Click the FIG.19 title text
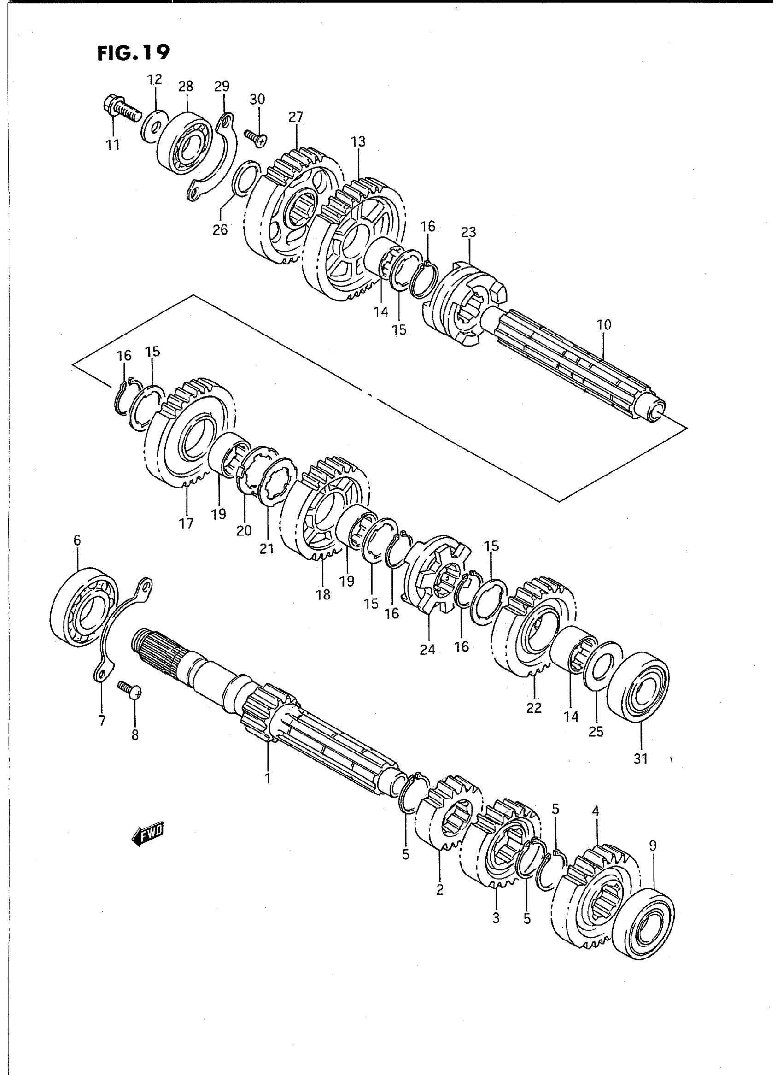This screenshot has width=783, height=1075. [133, 53]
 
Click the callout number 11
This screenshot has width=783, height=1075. [113, 144]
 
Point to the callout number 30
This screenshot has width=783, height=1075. [257, 100]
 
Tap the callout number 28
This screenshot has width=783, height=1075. [186, 86]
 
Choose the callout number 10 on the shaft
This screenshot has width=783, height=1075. [604, 325]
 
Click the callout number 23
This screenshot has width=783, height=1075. [468, 232]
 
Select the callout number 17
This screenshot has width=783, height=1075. [186, 523]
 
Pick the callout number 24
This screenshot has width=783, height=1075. [427, 649]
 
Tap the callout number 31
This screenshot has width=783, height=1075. [640, 759]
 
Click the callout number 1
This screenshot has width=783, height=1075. [267, 778]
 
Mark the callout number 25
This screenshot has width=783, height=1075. [596, 732]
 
